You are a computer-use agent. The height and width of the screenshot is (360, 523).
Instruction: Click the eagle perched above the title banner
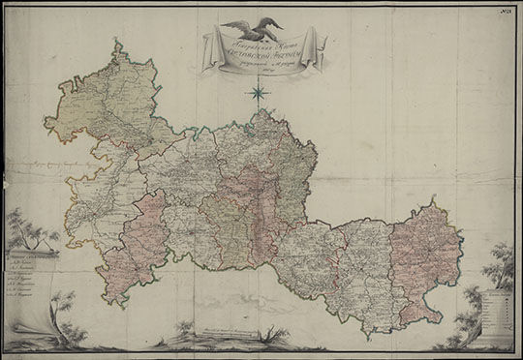pyautogui.click(x=252, y=28)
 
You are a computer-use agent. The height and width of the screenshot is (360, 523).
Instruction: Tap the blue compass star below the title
pyautogui.click(x=259, y=94)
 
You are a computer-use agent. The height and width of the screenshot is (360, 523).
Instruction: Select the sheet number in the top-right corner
pyautogui.click(x=506, y=12)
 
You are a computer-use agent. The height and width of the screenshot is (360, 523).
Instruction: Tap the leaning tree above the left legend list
pyautogui.click(x=21, y=228)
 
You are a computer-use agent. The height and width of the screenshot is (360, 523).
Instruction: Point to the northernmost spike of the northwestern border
pyautogui.click(x=115, y=43)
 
